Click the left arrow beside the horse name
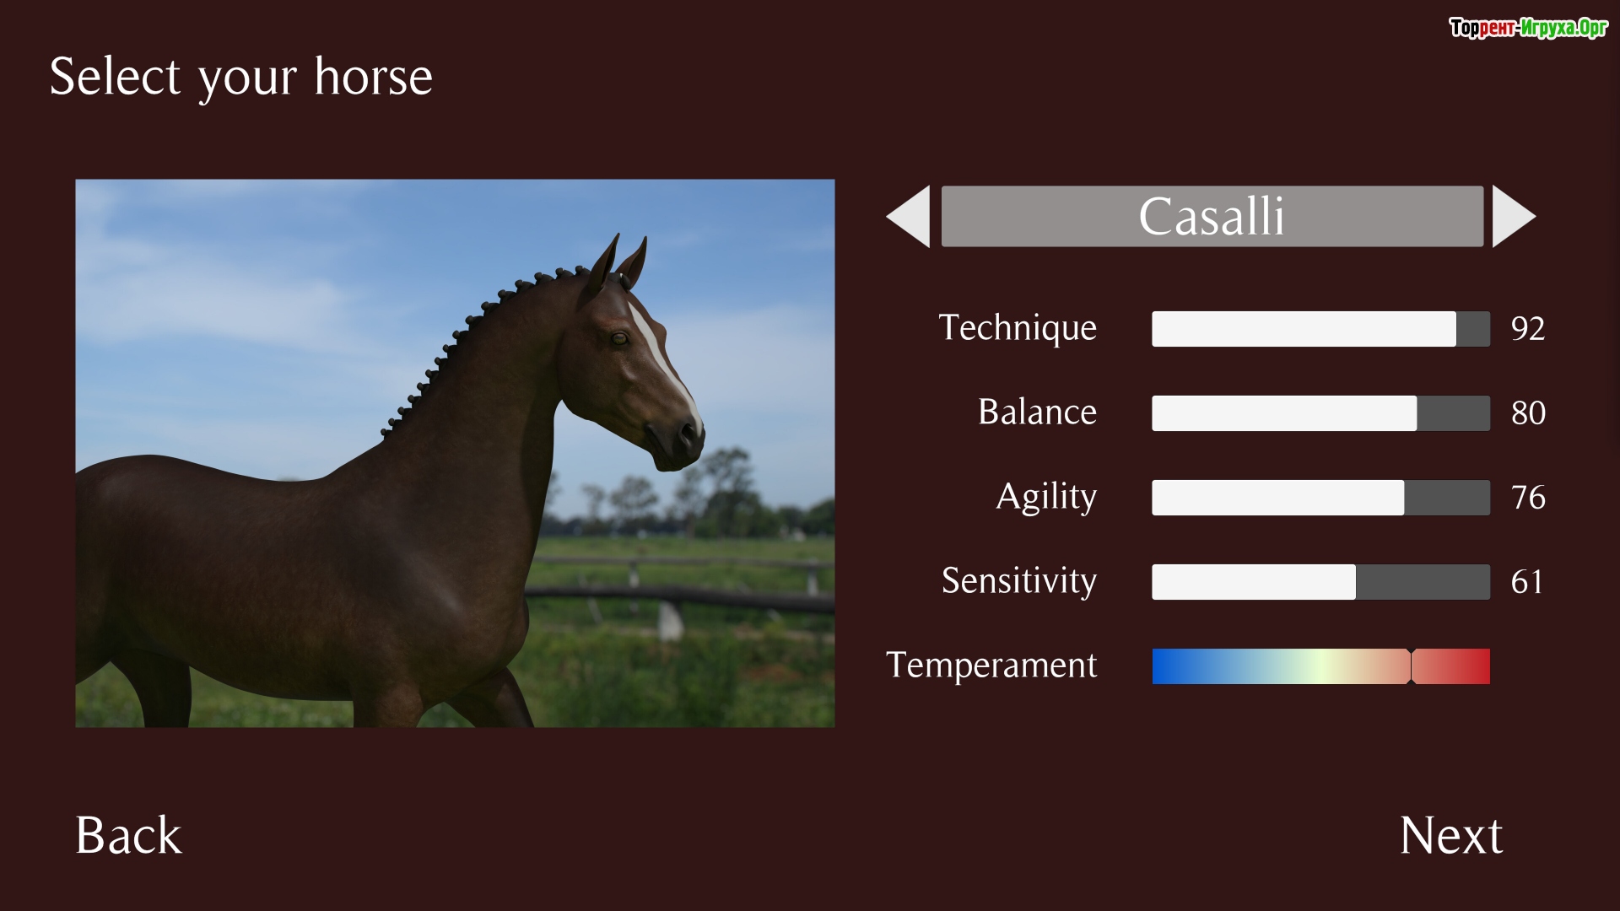pos(909,217)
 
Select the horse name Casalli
pos(1212,217)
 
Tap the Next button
pos(1450,835)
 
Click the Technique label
pos(1018,328)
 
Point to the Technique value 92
pos(1528,329)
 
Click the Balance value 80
pos(1528,413)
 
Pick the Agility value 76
pos(1528,498)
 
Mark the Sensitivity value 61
pos(1527,582)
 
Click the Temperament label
pos(991,666)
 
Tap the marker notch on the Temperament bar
pos(1411,666)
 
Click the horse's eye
pos(619,339)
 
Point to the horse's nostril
pos(688,433)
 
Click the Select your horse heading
pos(241,78)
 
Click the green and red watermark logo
pos(1528,28)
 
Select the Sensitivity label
pos(1019,580)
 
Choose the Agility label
pos(1046,497)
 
